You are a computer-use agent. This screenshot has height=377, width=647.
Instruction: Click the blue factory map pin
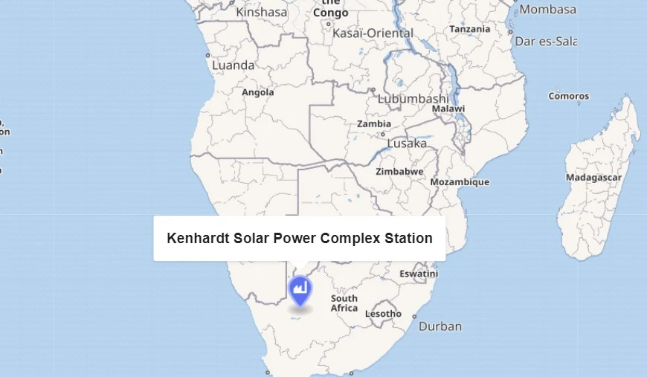click(x=300, y=289)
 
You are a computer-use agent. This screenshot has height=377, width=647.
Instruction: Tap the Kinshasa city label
click(x=261, y=12)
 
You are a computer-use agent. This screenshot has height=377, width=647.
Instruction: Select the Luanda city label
click(x=233, y=65)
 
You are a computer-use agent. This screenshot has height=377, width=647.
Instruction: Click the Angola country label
click(x=258, y=92)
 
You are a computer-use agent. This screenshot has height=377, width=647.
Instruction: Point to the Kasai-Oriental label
click(x=373, y=33)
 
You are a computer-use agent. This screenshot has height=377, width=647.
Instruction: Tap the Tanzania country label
click(x=470, y=29)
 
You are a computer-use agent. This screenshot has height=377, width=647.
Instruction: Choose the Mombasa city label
click(x=547, y=10)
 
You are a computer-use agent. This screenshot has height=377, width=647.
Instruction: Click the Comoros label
click(x=568, y=96)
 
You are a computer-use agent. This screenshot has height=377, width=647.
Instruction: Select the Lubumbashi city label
click(x=413, y=98)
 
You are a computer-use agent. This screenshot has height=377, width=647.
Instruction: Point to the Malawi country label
click(x=448, y=109)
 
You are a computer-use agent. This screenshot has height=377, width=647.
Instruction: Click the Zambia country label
click(x=374, y=124)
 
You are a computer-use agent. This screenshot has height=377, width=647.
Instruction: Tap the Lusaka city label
click(x=407, y=143)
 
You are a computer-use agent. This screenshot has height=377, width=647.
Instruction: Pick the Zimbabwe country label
click(x=399, y=171)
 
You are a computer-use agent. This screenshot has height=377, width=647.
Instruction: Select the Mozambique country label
click(x=460, y=182)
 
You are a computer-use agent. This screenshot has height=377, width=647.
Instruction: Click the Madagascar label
click(x=593, y=178)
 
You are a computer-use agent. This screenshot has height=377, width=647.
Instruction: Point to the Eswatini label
click(x=419, y=274)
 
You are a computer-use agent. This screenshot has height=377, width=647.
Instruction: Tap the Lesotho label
click(x=383, y=314)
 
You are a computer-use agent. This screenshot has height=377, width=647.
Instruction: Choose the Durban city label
click(x=440, y=326)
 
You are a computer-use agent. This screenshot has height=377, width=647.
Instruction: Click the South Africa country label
click(x=344, y=303)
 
